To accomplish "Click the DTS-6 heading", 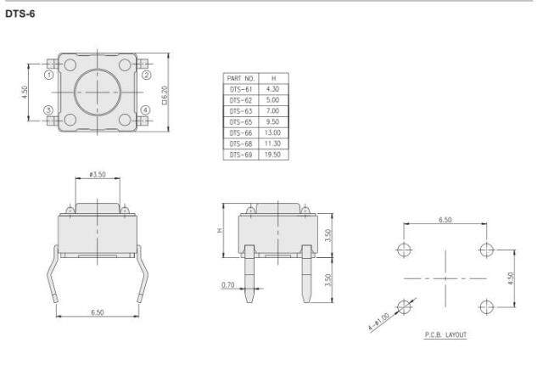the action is click(20, 14).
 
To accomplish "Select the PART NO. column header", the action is click(241, 78).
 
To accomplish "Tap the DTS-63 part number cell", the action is click(241, 111).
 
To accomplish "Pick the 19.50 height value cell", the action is click(272, 154).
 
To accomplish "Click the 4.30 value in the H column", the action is click(272, 89).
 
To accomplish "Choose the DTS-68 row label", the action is click(241, 143).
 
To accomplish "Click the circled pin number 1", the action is click(49, 75).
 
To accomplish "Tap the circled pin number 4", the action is click(145, 110).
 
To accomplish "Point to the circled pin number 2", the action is click(147, 75).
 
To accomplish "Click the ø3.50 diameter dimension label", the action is click(98, 174).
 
